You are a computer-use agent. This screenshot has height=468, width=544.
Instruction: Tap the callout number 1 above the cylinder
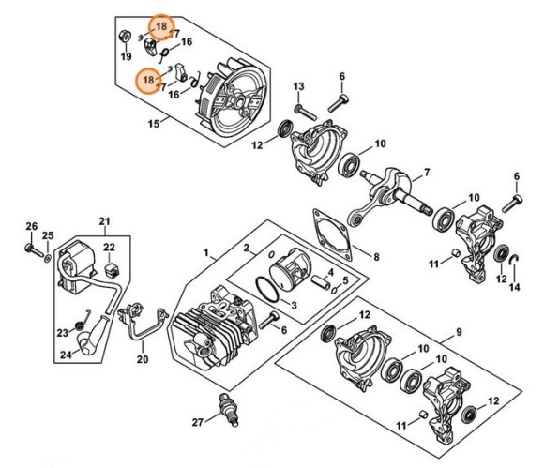point(206,251)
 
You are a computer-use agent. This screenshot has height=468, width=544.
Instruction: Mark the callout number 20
point(143,358)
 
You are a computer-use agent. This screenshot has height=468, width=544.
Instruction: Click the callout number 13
point(298,87)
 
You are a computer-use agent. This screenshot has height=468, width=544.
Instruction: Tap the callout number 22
point(109,248)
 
